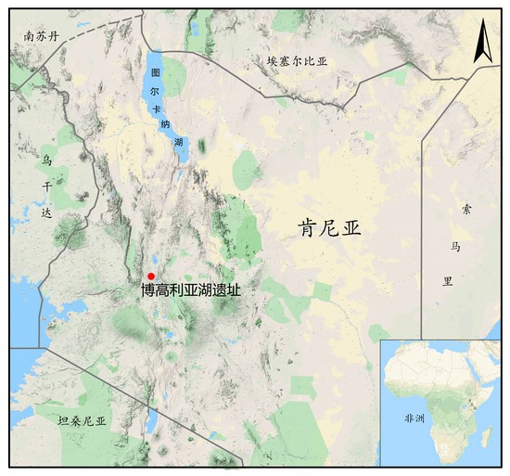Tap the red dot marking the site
[151, 276]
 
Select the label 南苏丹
[41, 37]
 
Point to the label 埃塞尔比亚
[298, 61]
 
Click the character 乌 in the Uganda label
[46, 160]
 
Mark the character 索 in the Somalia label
[454, 211]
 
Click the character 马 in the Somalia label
[454, 246]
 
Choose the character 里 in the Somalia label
[454, 280]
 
